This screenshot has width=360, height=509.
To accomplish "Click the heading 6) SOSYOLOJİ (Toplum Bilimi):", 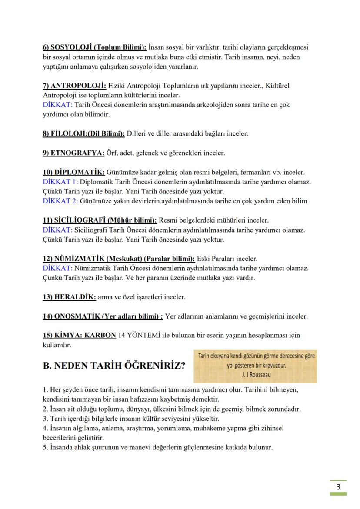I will click(94, 47).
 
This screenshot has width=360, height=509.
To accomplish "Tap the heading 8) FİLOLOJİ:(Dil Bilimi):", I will click(83, 133).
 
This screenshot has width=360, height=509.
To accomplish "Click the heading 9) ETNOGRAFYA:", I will click(73, 153).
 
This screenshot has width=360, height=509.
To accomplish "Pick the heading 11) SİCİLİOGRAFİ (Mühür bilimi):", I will click(100, 220).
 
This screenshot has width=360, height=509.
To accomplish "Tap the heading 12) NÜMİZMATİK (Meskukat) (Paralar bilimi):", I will click(119, 259).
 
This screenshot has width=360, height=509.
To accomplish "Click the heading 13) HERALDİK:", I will click(69, 297).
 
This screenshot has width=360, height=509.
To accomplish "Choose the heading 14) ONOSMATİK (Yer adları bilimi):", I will click(103, 316).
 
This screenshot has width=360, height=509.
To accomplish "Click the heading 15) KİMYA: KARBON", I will click(79, 336).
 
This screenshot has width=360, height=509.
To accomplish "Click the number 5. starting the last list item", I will click(45, 448).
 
